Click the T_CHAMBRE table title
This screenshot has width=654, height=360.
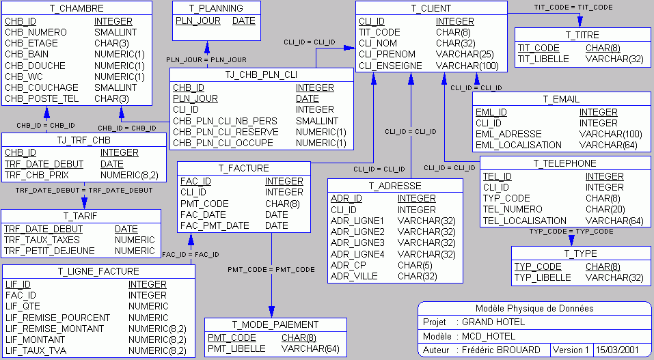click(x=77, y=9)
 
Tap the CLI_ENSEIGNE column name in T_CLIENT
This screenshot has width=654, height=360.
click(x=391, y=66)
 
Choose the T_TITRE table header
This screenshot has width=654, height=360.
click(x=582, y=35)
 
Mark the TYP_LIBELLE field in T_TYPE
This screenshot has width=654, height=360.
click(x=542, y=277)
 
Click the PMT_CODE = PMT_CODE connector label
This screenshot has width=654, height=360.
click(x=271, y=270)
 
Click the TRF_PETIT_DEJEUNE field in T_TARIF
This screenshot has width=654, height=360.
click(x=50, y=251)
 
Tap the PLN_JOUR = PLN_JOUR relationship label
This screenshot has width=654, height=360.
click(x=206, y=60)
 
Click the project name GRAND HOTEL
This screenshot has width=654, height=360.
click(x=493, y=322)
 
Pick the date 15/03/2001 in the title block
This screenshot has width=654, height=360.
click(x=616, y=350)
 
